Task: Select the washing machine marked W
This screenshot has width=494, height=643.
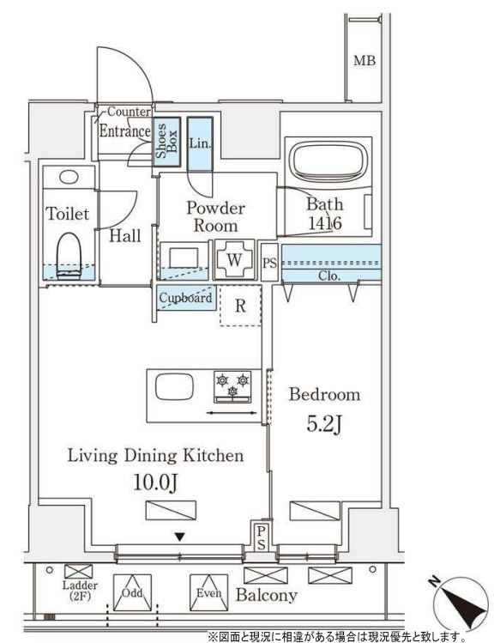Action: [234, 260]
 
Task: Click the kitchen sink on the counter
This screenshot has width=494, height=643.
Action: [174, 385]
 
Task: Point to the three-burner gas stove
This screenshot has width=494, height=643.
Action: [232, 387]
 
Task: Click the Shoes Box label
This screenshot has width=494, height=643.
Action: [166, 141]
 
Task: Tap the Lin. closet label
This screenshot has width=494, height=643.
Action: [200, 143]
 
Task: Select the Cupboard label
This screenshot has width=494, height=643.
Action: [185, 297]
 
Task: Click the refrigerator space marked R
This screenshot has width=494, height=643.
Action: [240, 306]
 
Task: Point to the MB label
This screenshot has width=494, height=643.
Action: [364, 61]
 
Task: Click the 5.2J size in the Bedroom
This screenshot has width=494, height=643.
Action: [324, 425]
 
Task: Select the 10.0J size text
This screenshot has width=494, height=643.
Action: [155, 482]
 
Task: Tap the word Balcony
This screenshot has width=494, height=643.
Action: [266, 595]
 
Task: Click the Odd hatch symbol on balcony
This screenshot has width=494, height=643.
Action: [132, 592]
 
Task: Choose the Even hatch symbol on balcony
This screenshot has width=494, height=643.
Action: [209, 592]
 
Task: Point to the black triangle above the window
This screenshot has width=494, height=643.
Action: [179, 537]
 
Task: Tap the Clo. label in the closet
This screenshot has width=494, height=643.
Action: [329, 276]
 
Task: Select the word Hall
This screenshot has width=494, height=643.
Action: [125, 235]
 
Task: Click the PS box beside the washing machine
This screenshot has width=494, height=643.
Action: [269, 263]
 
